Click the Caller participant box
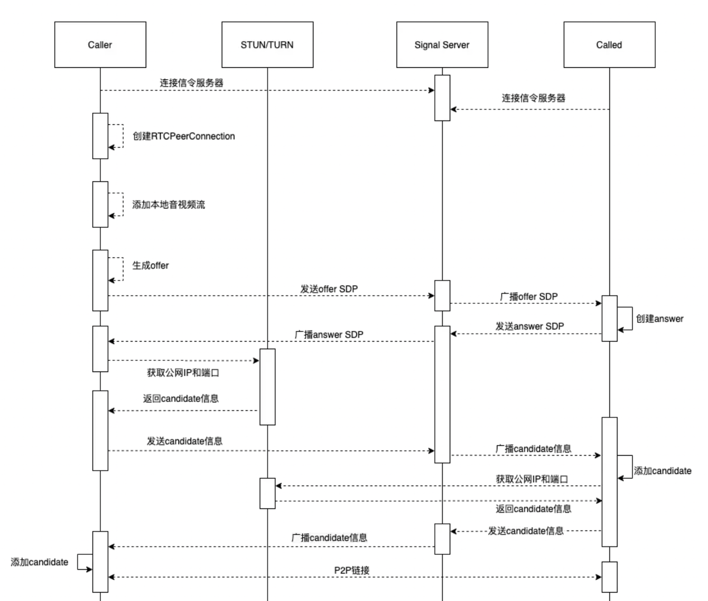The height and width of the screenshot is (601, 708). point(100,45)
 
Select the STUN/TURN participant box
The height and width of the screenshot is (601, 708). point(267,45)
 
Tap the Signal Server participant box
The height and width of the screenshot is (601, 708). point(442,45)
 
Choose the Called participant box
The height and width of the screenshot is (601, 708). point(609,45)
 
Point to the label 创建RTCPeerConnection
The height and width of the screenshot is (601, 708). point(183,136)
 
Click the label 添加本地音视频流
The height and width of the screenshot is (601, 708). point(169,205)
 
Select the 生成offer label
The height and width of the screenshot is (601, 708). point(150,266)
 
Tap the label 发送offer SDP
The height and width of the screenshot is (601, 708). point(329,289)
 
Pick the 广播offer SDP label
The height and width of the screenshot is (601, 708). point(529,297)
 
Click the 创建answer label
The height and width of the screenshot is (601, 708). point(659,319)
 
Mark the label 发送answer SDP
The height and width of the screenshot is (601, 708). point(530,326)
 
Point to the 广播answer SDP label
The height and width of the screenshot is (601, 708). point(329,334)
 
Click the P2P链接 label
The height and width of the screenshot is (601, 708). point(352,570)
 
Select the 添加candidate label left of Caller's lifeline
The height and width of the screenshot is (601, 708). point(39,562)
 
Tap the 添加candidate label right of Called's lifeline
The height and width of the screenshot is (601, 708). point(662,471)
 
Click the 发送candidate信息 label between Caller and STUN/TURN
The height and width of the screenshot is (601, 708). point(184,441)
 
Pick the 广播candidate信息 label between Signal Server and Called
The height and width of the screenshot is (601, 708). point(533,449)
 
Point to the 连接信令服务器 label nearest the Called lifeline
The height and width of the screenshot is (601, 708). point(533,98)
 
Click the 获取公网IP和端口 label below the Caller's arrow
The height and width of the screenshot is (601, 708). point(183,373)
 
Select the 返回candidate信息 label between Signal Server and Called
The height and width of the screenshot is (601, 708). point(533,509)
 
